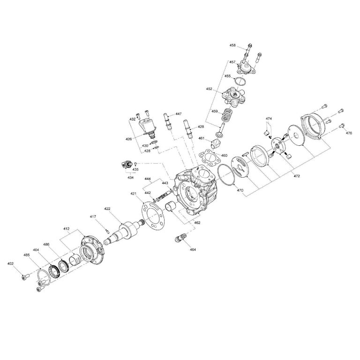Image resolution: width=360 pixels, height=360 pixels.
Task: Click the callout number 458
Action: (232, 45)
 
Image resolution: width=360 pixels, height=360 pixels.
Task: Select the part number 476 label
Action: (349, 133)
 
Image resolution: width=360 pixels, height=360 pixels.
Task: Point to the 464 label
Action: (192, 249)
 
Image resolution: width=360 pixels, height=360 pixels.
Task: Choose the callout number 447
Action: (179, 114)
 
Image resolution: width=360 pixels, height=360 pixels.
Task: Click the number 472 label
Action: (296, 176)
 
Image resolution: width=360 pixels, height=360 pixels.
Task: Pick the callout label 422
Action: (107, 209)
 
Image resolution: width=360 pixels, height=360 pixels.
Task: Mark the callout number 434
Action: (130, 178)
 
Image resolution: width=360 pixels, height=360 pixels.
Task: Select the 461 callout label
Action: (201, 138)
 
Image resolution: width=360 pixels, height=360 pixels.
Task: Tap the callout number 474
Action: (269, 119)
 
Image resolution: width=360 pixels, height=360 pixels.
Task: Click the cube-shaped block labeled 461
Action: (217, 142)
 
